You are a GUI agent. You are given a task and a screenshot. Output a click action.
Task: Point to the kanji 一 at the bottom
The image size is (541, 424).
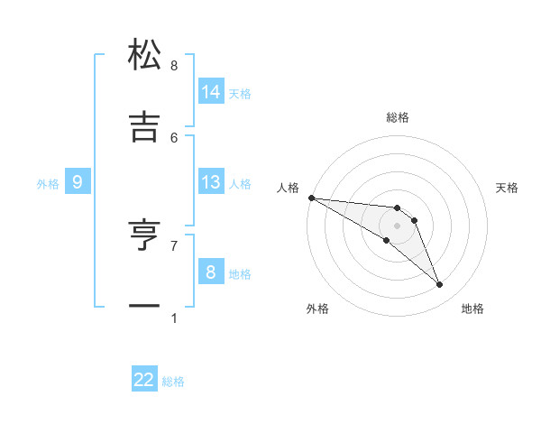(x=144, y=307)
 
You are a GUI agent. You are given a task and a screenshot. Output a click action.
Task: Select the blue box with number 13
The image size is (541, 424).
(x=211, y=182)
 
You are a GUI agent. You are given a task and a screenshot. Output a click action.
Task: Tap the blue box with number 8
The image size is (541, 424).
(x=211, y=272)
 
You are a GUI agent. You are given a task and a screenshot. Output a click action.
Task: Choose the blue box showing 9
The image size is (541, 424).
(x=78, y=182)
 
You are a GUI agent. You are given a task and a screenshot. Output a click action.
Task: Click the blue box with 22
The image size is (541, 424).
(x=144, y=380)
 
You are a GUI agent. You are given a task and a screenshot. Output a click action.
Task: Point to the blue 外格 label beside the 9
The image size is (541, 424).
(x=48, y=183)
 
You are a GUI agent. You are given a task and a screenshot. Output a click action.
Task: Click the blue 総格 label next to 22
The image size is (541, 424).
(x=173, y=382)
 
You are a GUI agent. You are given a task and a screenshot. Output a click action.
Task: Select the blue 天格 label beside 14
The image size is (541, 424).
(x=240, y=93)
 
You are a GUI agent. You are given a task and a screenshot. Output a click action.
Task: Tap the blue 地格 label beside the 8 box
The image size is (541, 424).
(x=240, y=274)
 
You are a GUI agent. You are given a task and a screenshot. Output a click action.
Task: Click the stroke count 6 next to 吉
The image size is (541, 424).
(x=174, y=137)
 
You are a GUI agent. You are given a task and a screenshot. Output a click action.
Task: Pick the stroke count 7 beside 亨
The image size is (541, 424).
(x=174, y=245)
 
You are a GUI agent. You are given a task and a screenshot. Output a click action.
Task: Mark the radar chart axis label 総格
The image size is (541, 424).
(x=398, y=117)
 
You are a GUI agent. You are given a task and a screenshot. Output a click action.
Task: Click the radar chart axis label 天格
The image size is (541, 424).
(x=508, y=188)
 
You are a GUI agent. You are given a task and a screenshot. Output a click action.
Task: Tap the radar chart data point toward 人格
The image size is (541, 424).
(x=311, y=198)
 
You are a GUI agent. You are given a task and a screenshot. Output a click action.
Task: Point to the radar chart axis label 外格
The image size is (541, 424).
(x=317, y=309)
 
